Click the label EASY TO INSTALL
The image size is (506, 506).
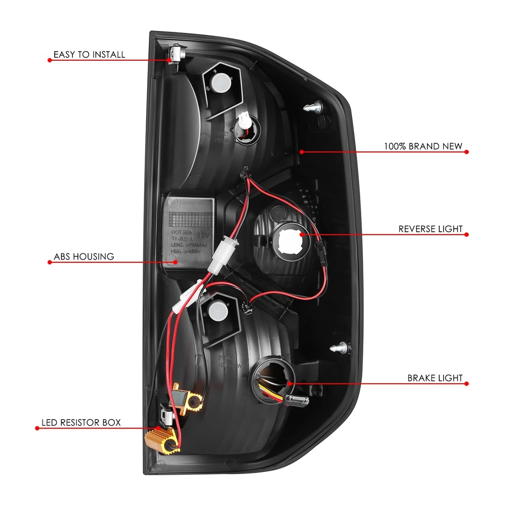pos(89,54)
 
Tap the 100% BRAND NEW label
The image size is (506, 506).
pos(423,146)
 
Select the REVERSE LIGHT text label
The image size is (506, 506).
pos(430,229)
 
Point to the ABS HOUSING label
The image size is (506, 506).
pos(84,257)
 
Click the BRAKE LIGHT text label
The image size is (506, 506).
pos(435,378)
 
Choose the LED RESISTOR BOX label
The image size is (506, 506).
pos(81,422)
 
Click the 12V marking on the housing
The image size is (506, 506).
pos(203,235)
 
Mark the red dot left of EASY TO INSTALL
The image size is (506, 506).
pos(50,60)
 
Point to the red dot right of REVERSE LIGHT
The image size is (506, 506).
pos(467,234)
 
